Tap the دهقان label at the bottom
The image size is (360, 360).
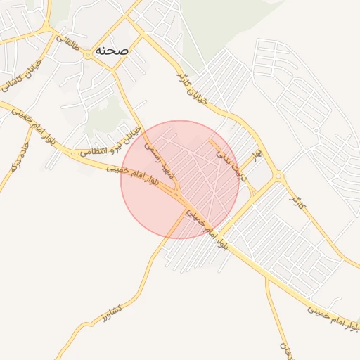pyautogui.click(x=284, y=345)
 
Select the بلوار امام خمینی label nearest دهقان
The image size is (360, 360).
pyautogui.click(x=330, y=310)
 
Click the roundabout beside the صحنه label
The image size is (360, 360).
pyautogui.click(x=86, y=53)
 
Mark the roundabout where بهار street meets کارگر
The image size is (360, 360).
pyautogui.click(x=278, y=176)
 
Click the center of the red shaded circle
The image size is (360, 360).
pyautogui.click(x=180, y=179)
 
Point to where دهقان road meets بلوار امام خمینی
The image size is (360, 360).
pyautogui.click(x=266, y=276)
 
